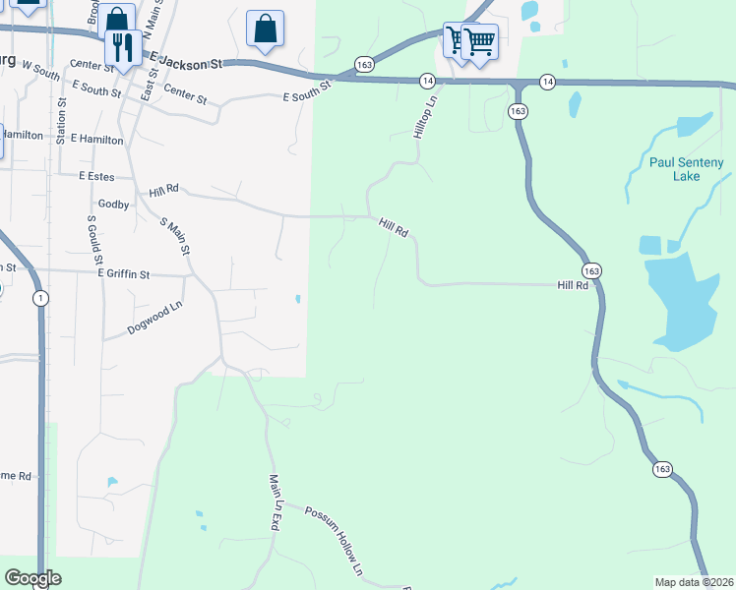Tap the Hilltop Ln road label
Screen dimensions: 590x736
425,117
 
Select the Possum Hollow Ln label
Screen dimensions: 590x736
335,540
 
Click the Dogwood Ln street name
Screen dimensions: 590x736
155,319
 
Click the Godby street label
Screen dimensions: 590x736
113,205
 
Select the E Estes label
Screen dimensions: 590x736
96,177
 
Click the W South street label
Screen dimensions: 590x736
40,72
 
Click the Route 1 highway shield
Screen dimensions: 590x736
39,299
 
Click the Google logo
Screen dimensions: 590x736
32,578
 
